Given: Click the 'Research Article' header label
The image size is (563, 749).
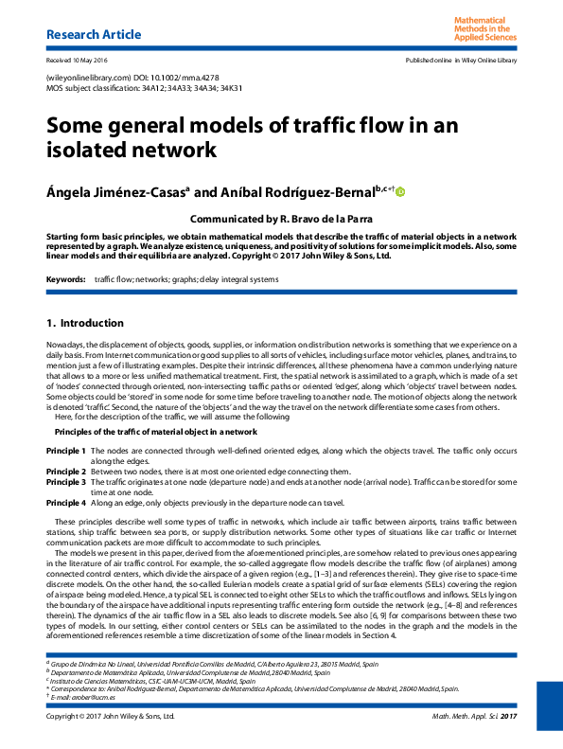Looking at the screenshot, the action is coord(94,35).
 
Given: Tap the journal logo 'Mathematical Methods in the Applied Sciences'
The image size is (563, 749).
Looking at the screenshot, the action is coord(485,29).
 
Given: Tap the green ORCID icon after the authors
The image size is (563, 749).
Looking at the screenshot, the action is coord(400,192).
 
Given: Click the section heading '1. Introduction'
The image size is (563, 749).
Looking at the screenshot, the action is coord(85,323).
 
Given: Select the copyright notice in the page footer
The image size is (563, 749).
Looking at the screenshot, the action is coord(111,717).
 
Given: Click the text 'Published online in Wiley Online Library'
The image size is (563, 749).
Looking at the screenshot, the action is coord(461,61).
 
